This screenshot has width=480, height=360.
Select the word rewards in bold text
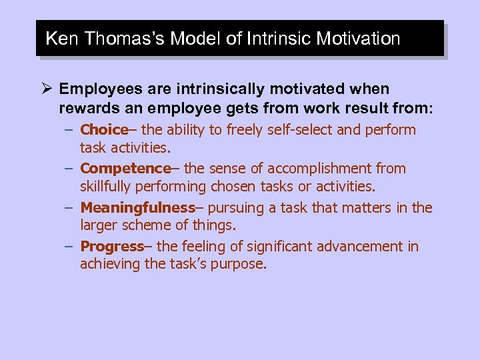click(x=85, y=107)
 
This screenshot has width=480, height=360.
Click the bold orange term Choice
click(x=103, y=130)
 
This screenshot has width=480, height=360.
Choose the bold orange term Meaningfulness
click(x=137, y=208)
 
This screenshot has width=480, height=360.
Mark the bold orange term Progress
click(x=112, y=247)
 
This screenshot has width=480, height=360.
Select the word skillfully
click(x=109, y=186)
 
